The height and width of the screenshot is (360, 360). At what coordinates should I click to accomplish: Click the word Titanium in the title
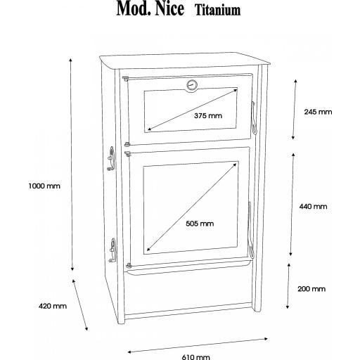[x=218, y=11]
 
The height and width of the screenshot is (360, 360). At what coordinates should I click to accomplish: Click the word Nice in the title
[x=169, y=9]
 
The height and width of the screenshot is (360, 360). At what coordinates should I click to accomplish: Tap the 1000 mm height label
[x=44, y=186]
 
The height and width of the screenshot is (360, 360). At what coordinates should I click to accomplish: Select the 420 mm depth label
[x=53, y=306]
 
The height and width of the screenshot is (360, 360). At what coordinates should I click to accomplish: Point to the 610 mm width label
[x=195, y=357]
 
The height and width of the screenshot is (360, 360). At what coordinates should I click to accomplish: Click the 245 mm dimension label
[x=318, y=112]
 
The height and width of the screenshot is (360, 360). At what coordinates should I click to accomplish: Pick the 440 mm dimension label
[x=313, y=207]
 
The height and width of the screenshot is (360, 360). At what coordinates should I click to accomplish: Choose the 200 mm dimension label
[x=311, y=289]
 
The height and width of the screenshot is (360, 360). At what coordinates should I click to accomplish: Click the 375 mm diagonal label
[x=208, y=115]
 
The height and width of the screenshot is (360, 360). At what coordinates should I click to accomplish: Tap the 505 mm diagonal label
[x=200, y=224]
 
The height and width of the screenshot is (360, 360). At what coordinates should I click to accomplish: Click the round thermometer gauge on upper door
[x=192, y=85]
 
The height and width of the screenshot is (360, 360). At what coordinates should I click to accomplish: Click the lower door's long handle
[x=250, y=230]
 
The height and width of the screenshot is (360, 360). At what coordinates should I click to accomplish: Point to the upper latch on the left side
[x=111, y=158]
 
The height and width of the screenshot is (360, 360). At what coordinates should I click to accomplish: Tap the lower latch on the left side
[x=112, y=250]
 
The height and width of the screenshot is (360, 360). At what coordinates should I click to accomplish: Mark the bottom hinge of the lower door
[x=128, y=265]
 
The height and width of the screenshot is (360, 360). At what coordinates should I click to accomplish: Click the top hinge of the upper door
[x=126, y=78]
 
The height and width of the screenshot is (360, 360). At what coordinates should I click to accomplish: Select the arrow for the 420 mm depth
[x=80, y=304]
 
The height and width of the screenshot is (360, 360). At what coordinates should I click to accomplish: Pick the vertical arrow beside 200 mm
[x=288, y=286]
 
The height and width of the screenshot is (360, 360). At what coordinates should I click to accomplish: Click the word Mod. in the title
[x=134, y=9]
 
